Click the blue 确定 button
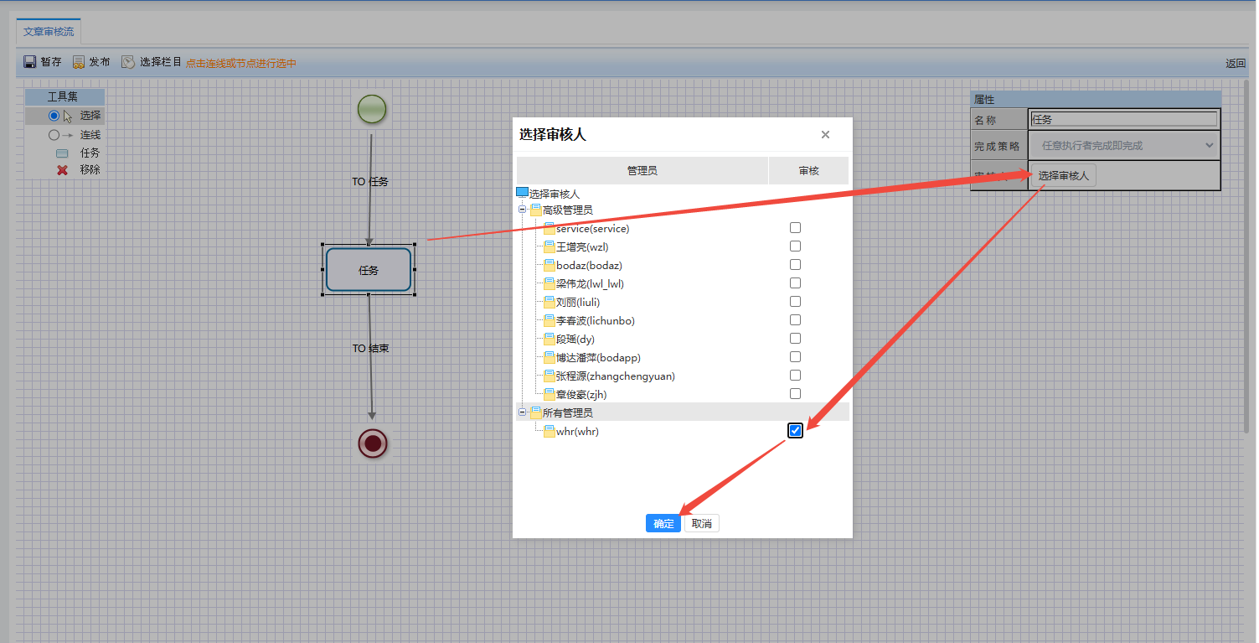click(x=663, y=524)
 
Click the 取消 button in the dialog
click(x=701, y=524)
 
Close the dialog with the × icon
click(x=825, y=134)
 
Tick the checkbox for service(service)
click(x=795, y=228)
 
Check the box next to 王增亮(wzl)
click(x=795, y=246)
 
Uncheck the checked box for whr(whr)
click(x=795, y=431)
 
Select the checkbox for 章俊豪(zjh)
click(x=795, y=394)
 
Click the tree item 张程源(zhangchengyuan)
click(x=616, y=376)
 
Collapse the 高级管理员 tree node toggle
click(x=522, y=210)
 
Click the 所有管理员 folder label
click(x=568, y=413)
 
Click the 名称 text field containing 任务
click(x=1123, y=119)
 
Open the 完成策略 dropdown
click(x=1123, y=146)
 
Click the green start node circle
click(x=372, y=109)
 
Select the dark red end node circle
click(x=373, y=443)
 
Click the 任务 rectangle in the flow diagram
click(x=369, y=270)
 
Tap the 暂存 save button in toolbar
click(x=42, y=62)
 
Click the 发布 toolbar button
click(x=91, y=62)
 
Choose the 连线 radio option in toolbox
click(x=54, y=135)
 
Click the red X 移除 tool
click(x=62, y=170)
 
